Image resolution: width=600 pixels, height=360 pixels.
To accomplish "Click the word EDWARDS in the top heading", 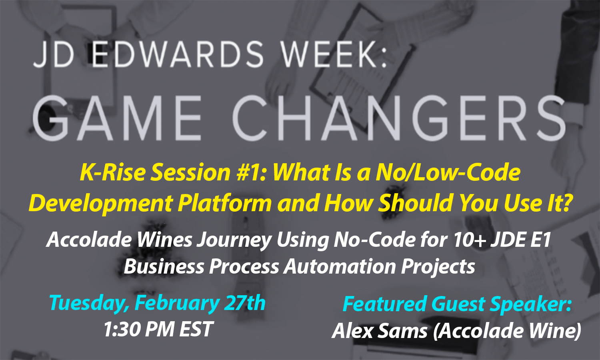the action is tap(178, 54).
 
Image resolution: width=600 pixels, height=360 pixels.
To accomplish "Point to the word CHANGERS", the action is tap(399, 118).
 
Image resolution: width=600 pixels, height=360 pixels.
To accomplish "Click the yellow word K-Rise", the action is tap(113, 172).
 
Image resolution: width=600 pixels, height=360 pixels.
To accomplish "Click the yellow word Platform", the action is tap(225, 203).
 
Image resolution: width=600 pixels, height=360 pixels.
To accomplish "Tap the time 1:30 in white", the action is tap(122, 329).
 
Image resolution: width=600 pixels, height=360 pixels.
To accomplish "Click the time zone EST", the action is tap(196, 329).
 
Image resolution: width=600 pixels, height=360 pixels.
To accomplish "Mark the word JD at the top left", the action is tap(53, 54).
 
